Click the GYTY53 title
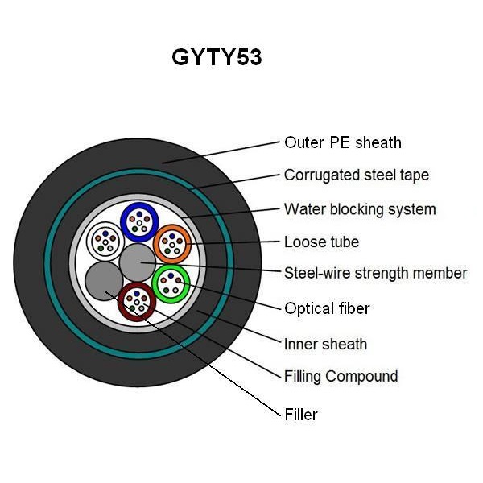(217, 57)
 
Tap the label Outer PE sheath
(343, 142)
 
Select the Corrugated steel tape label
(357, 175)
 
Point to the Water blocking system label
(360, 209)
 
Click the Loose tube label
(321, 242)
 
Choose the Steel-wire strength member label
(375, 273)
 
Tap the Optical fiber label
(327, 308)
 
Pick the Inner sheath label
(325, 344)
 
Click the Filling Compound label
(341, 377)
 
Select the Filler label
(301, 415)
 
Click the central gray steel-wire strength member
(138, 262)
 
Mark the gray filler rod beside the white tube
(104, 281)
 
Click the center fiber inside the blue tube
(139, 223)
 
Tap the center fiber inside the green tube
(171, 284)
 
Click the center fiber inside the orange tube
(172, 246)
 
